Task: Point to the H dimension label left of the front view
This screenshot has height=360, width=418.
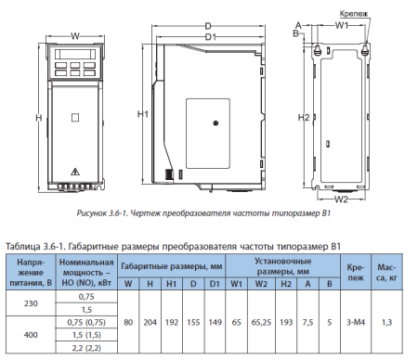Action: pyautogui.click(x=38, y=118)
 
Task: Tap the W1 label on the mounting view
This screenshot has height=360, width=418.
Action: pyautogui.click(x=342, y=26)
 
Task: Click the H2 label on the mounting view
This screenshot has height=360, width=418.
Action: pyautogui.click(x=303, y=118)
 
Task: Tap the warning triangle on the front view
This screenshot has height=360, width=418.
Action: pyautogui.click(x=74, y=172)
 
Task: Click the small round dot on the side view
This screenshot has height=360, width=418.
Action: pyautogui.click(x=216, y=121)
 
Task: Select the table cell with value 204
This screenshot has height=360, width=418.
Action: pyautogui.click(x=150, y=322)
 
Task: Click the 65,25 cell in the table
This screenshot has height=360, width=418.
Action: pyautogui.click(x=261, y=322)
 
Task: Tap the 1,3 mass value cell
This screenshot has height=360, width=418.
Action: pyautogui.click(x=386, y=322)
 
